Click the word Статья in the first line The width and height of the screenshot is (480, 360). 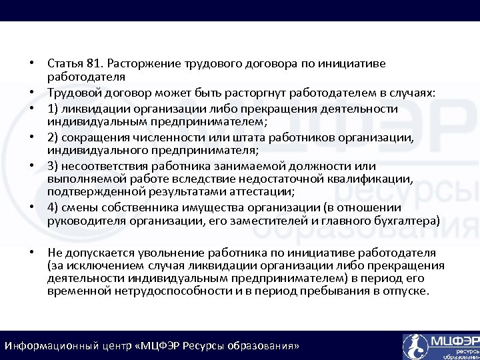[x=65, y=63]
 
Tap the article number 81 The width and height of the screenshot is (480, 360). [x=93, y=63]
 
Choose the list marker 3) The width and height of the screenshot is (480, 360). [x=53, y=165]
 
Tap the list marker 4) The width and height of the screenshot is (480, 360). [x=53, y=207]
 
